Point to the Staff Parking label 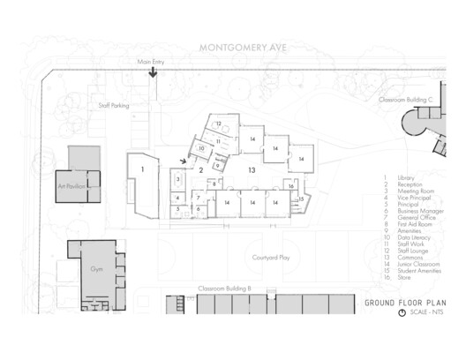coord(114,105)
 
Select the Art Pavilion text coord(74,188)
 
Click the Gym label coord(97,266)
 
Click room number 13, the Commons coord(252,169)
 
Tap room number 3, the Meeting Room coord(177,180)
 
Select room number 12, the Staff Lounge coord(218,124)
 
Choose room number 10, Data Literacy coord(202,149)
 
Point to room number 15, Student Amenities coord(302,199)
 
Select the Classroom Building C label coord(405,101)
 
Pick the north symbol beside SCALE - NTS coord(402,312)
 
